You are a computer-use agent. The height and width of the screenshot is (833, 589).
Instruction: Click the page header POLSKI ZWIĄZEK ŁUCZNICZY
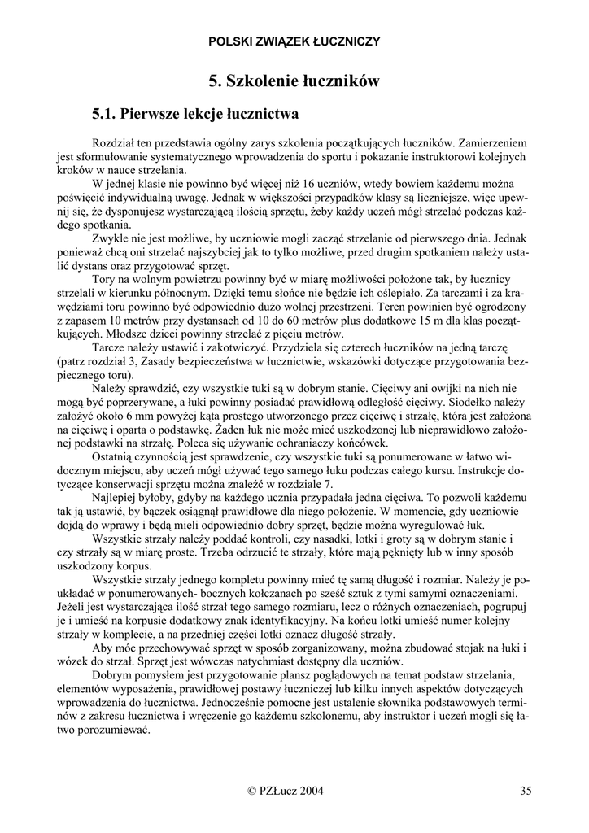click(294, 41)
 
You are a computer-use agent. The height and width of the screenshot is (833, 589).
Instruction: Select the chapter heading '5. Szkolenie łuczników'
click(294, 81)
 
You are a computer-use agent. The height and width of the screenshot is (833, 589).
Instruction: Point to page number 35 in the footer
click(526, 790)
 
